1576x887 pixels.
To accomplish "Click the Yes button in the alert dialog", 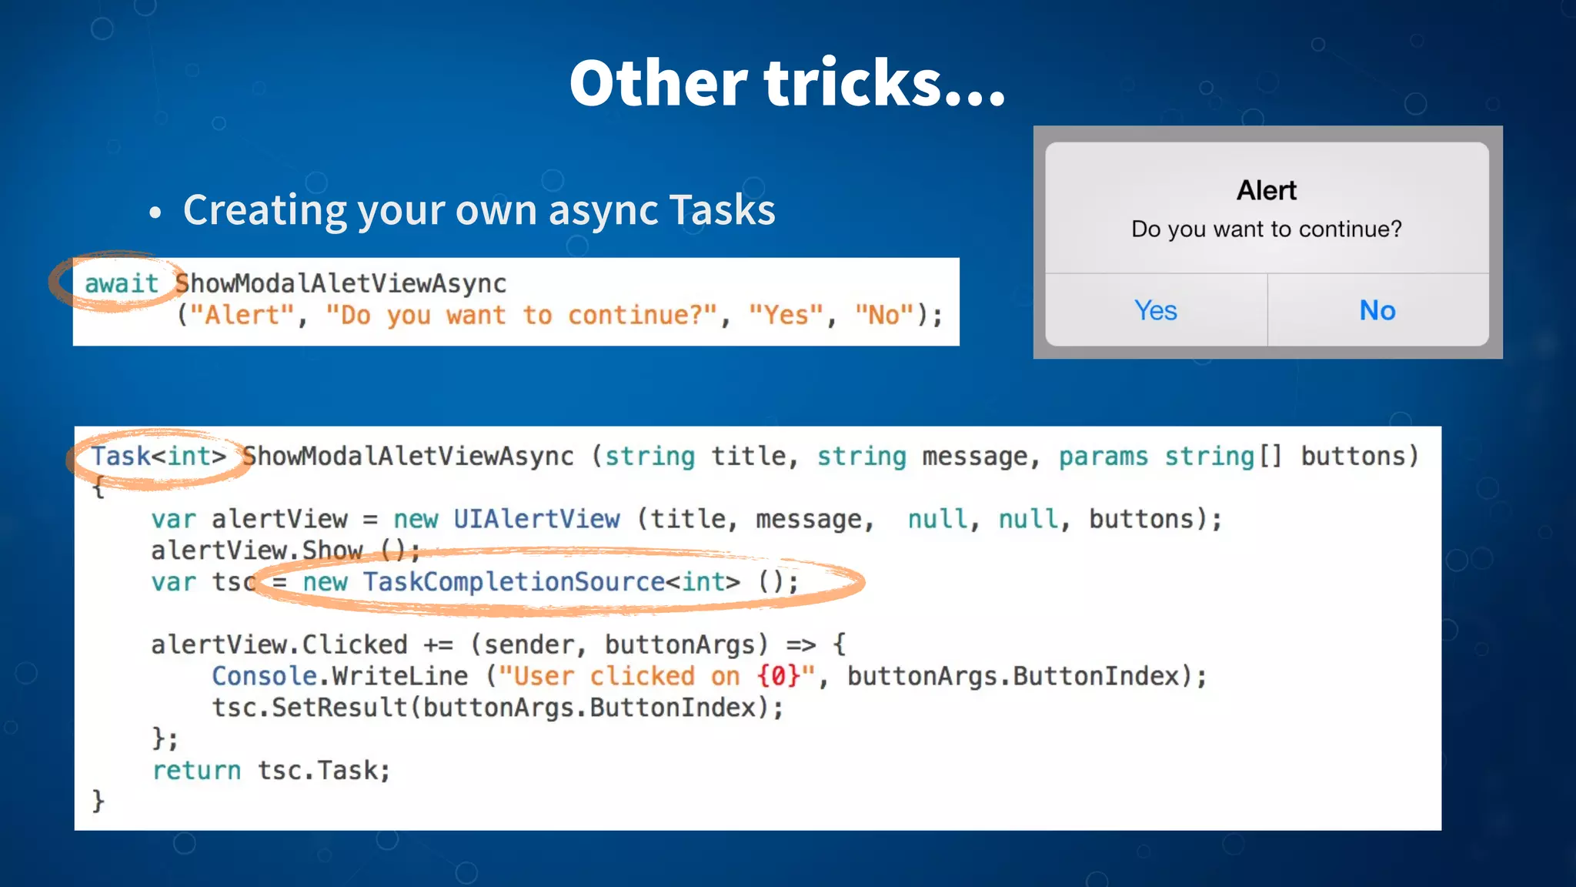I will point(1155,310).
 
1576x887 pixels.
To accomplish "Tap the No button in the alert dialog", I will point(1377,310).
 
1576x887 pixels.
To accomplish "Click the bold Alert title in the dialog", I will point(1266,190).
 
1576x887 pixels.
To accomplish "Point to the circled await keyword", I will point(121,283).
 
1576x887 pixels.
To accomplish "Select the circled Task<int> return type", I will point(159,456).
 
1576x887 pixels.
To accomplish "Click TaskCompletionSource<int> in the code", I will point(551,581).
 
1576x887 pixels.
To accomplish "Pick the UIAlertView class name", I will point(536,519).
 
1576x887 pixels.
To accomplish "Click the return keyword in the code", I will point(196,770).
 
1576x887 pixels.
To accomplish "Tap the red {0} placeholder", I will point(778,676).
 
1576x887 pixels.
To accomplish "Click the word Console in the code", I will point(264,676).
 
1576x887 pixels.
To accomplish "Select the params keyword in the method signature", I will point(1103,456).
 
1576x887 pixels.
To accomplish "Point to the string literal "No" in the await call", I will point(884,315).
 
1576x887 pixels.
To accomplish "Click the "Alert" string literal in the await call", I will point(242,315).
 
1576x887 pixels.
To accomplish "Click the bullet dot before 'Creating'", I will point(155,213).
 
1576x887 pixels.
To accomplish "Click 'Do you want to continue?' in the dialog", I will point(1266,229).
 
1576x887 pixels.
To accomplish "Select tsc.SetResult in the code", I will point(309,708).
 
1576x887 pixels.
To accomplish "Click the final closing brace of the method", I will point(98,801).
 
